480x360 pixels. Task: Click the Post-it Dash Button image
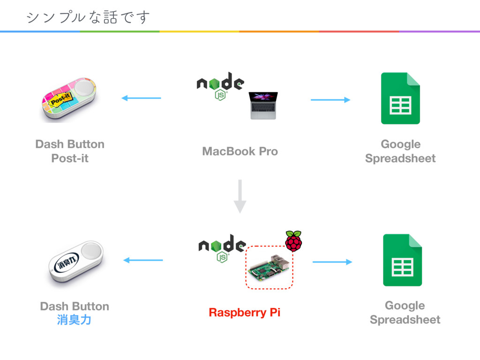69,99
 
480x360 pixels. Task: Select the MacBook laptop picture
263,105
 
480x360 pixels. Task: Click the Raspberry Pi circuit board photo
269,267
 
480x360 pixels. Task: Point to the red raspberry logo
293,241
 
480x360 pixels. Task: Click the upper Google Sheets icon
400,98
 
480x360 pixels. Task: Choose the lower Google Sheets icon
403,260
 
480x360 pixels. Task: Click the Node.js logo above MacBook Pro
220,86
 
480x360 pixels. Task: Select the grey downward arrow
240,196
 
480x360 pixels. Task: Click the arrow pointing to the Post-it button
141,98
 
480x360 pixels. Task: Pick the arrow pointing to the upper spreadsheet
330,100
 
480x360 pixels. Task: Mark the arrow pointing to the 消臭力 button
143,260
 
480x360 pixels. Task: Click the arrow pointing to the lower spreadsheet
332,262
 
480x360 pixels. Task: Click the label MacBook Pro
240,151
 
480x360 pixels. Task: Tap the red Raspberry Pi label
245,313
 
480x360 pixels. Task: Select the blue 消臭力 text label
75,320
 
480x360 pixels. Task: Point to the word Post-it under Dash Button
70,158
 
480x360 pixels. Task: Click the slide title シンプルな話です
88,17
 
